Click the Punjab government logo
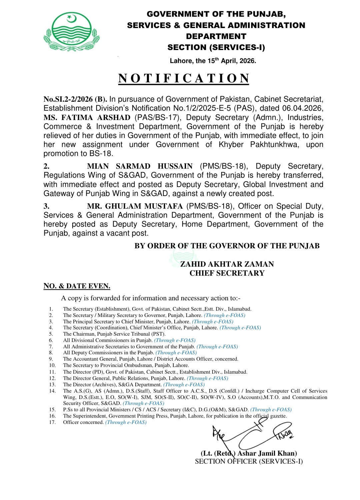point(71,32)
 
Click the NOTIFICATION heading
point(184,78)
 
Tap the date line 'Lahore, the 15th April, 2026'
point(213,61)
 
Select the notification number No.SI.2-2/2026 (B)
point(75,99)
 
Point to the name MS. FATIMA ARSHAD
point(87,118)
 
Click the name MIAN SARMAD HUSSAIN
point(140,166)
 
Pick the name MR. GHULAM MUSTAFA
point(135,206)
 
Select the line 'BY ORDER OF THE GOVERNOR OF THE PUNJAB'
point(227,246)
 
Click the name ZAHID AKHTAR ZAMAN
point(227,264)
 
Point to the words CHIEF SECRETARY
point(227,273)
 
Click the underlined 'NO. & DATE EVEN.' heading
point(77,286)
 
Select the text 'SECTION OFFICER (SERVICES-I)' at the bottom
point(249,461)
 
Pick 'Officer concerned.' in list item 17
point(83,422)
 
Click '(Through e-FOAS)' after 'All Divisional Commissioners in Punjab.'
point(175,340)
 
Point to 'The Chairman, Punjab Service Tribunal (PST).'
point(114,334)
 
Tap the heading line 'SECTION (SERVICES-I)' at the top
point(216,47)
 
